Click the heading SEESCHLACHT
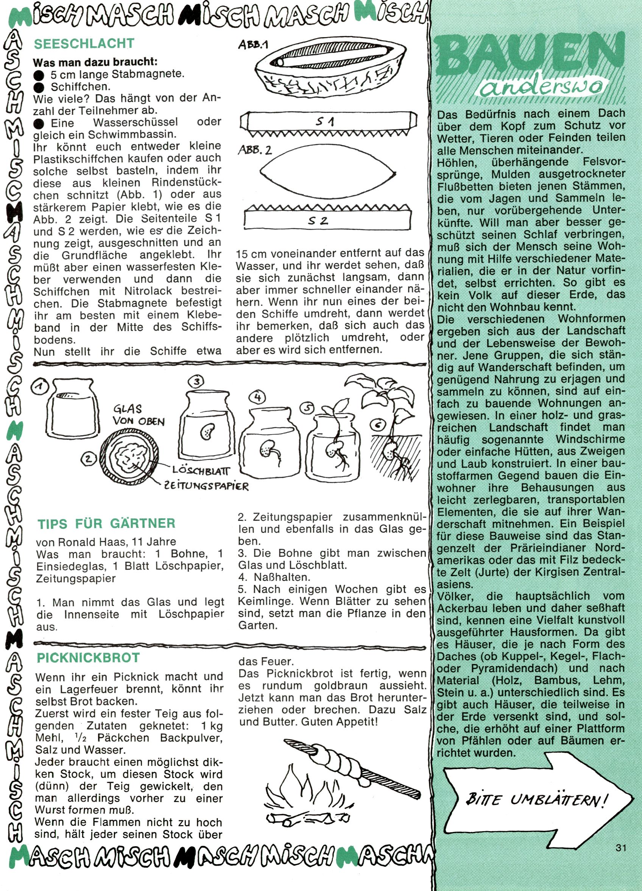(84, 44)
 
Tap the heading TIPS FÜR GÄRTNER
(106, 524)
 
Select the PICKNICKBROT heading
(88, 658)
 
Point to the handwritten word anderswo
(541, 89)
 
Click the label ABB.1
(253, 45)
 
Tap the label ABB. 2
(255, 150)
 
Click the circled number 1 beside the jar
(40, 388)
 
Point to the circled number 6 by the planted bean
(378, 425)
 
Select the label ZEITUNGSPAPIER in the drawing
(207, 486)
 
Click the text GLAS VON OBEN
(139, 415)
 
